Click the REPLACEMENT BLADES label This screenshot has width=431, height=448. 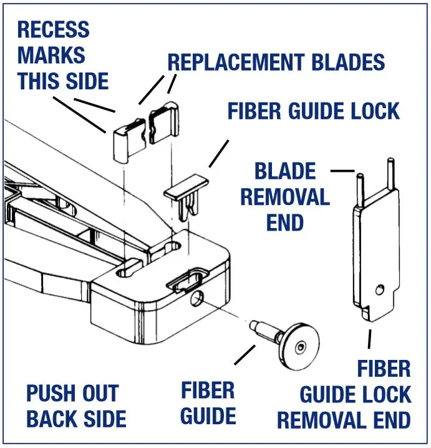point(276,62)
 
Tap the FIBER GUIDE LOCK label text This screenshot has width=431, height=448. point(313,111)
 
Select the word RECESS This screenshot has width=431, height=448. point(53,30)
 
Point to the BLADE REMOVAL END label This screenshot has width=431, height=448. point(284,196)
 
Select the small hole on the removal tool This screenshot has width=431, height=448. point(380,289)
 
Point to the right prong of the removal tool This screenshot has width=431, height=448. point(390,176)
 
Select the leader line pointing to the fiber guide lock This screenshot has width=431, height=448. point(218,152)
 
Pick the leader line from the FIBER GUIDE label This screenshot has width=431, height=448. point(244,356)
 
